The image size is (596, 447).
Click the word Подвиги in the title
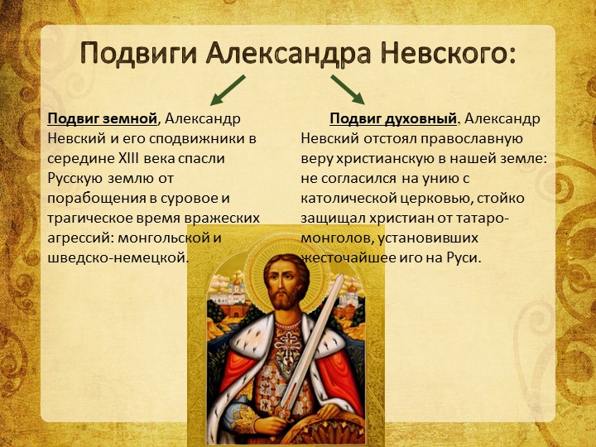tap(139, 54)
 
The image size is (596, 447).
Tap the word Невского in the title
tap(448, 54)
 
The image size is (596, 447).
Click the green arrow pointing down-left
tap(228, 90)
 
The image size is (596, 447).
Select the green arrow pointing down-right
tap(348, 89)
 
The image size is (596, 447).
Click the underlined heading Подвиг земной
tap(103, 119)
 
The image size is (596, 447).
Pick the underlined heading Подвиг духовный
tap(393, 119)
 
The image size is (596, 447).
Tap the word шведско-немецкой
tap(118, 258)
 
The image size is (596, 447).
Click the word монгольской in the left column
tap(164, 238)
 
